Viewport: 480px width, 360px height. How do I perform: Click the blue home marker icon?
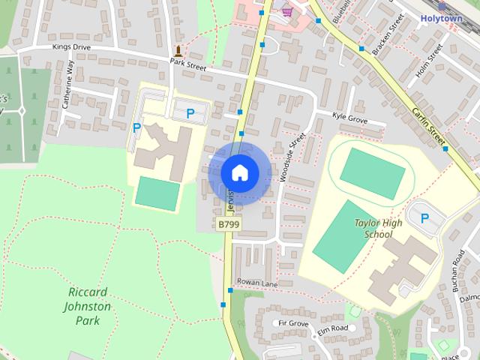point(239,172)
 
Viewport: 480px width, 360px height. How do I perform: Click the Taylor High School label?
point(378,229)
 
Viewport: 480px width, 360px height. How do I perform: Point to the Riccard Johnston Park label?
point(89,306)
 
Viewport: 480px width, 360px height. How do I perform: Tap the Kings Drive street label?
point(70,46)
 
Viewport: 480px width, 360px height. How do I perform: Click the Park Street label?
point(187,64)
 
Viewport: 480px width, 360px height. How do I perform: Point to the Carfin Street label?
point(428,124)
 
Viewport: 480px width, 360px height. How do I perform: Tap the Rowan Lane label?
point(256,283)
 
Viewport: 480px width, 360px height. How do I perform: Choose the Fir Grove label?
point(293,323)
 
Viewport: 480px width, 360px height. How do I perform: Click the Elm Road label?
point(332,328)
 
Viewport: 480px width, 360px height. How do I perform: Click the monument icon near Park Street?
point(178,52)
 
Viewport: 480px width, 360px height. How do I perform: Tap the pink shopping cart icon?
point(286,11)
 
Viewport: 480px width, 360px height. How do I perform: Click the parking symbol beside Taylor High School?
point(425,218)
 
